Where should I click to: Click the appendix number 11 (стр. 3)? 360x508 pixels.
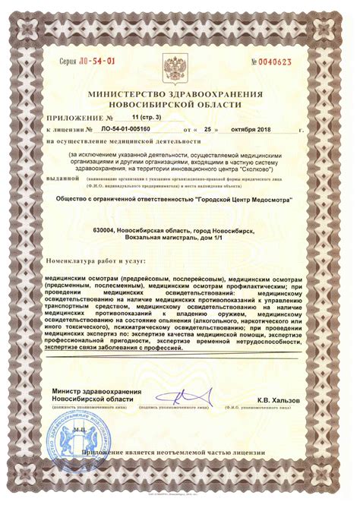coord(146,118)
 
